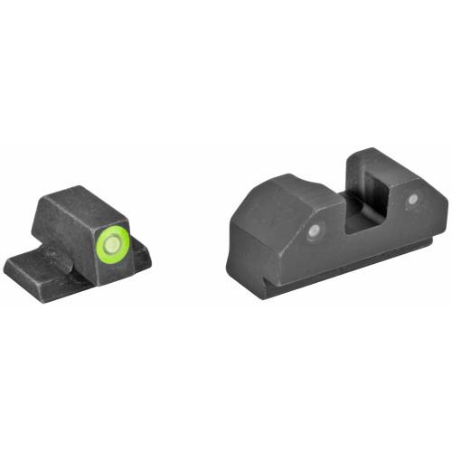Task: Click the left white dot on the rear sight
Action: click(314, 231)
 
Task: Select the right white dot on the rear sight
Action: click(412, 199)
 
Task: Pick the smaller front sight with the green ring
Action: click(81, 240)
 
